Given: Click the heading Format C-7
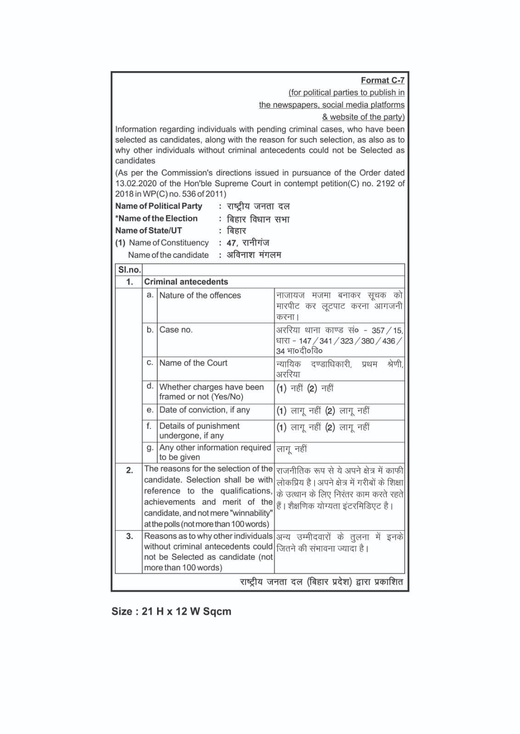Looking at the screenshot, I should tap(382, 80).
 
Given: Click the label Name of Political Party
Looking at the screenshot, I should tap(158, 206).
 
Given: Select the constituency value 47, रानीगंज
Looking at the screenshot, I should tap(248, 243).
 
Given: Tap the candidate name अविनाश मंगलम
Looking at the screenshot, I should tap(254, 255).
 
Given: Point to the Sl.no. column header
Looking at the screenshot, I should tap(129, 270).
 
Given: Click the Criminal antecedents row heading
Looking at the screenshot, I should tap(186, 282).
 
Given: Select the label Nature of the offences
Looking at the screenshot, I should tap(200, 295).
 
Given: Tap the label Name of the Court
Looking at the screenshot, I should tap(193, 363).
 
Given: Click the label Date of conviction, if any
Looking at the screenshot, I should tap(204, 410).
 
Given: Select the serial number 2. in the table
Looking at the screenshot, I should tap(130, 470).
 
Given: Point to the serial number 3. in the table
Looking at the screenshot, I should tap(130, 536).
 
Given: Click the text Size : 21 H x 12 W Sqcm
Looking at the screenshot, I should tap(171, 612).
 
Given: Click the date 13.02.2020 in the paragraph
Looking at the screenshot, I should tap(136, 183).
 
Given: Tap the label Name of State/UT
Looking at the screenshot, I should tap(148, 231).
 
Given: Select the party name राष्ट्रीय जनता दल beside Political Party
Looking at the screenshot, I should tap(258, 206).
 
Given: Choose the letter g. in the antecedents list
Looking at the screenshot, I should tap(150, 448).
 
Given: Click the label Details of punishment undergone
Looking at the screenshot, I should tap(199, 431).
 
